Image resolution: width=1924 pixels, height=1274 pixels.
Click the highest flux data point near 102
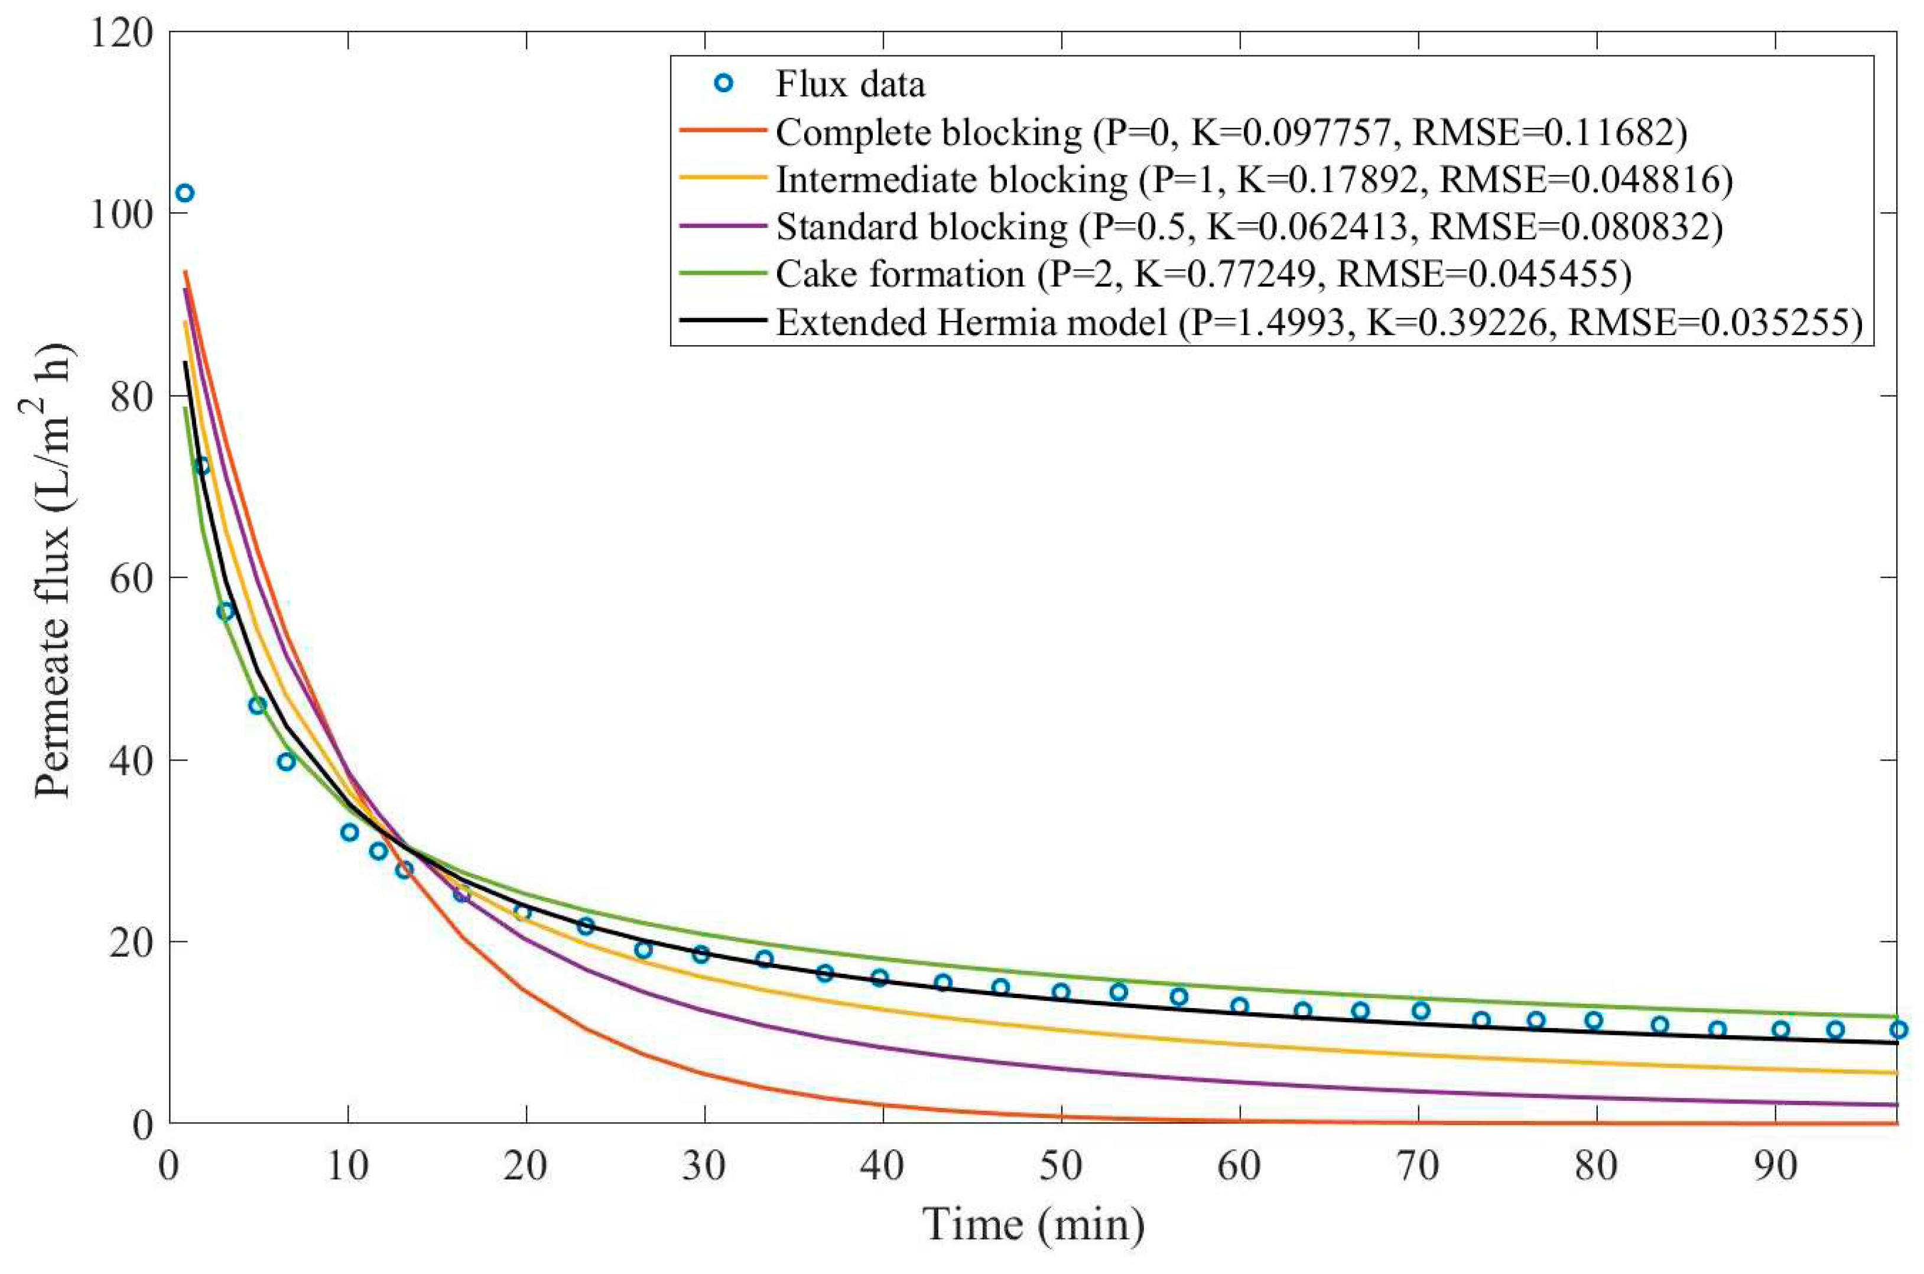point(184,193)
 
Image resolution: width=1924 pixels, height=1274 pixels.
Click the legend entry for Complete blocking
point(1231,132)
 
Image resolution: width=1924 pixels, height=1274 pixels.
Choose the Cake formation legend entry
point(1203,274)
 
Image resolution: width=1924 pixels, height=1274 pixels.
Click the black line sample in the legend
point(722,320)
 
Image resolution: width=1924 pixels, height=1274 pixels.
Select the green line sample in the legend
point(722,273)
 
